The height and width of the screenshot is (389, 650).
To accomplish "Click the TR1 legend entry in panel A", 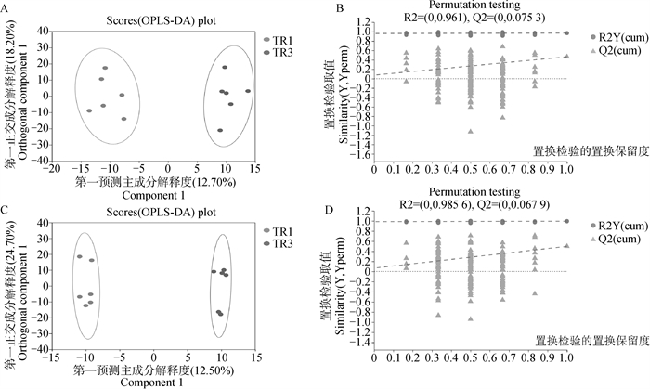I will [x=277, y=41].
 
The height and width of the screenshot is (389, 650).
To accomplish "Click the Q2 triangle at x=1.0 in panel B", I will [x=565, y=55].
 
